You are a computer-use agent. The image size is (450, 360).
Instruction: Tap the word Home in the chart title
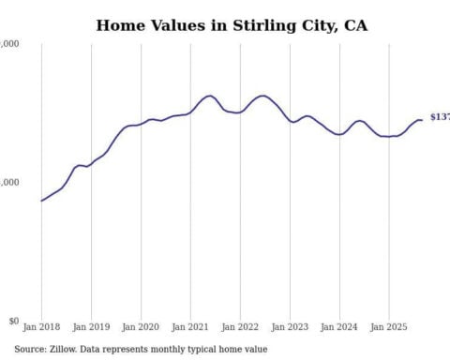click(x=120, y=25)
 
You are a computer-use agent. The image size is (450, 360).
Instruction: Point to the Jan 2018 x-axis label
click(x=41, y=328)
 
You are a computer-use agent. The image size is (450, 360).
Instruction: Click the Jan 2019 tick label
click(x=91, y=328)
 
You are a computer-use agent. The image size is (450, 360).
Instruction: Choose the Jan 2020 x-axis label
click(x=141, y=328)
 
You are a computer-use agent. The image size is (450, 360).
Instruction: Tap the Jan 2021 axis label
click(x=190, y=328)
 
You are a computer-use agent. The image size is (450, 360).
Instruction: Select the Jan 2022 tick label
click(x=240, y=328)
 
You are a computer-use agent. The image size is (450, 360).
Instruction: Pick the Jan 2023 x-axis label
click(x=290, y=328)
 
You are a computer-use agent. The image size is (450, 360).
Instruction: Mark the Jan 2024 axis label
click(x=339, y=328)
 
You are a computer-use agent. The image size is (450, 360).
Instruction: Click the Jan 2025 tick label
click(x=389, y=328)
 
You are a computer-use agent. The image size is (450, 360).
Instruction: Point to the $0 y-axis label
click(x=12, y=321)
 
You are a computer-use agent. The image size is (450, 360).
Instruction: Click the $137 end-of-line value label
click(x=439, y=117)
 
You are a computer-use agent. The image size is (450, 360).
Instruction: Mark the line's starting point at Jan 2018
click(x=41, y=201)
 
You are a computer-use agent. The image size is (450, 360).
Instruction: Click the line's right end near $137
click(x=423, y=120)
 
